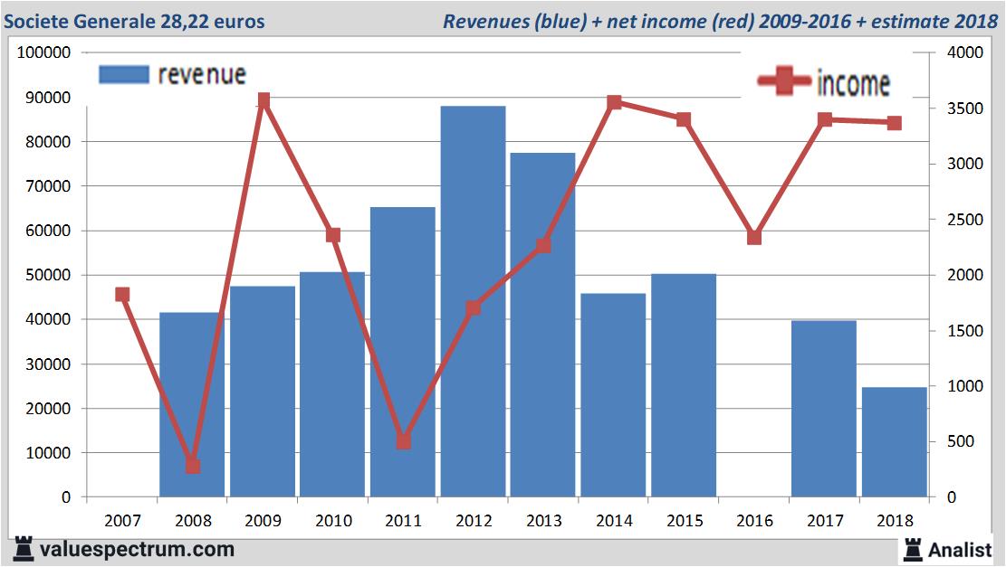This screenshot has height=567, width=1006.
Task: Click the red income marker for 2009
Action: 263,100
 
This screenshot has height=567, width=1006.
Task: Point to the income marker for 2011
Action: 404,441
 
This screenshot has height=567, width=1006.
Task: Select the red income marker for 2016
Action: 754,237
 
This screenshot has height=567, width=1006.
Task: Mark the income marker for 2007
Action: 123,294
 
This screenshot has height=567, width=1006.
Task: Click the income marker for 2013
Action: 543,245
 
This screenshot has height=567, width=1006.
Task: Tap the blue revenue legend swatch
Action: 123,74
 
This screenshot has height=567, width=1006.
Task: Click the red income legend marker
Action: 784,82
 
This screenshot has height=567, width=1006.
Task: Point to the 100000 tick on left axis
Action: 44,52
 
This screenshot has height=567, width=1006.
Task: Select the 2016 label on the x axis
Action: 754,521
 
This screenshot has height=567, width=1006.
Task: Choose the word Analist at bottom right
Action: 961,549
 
